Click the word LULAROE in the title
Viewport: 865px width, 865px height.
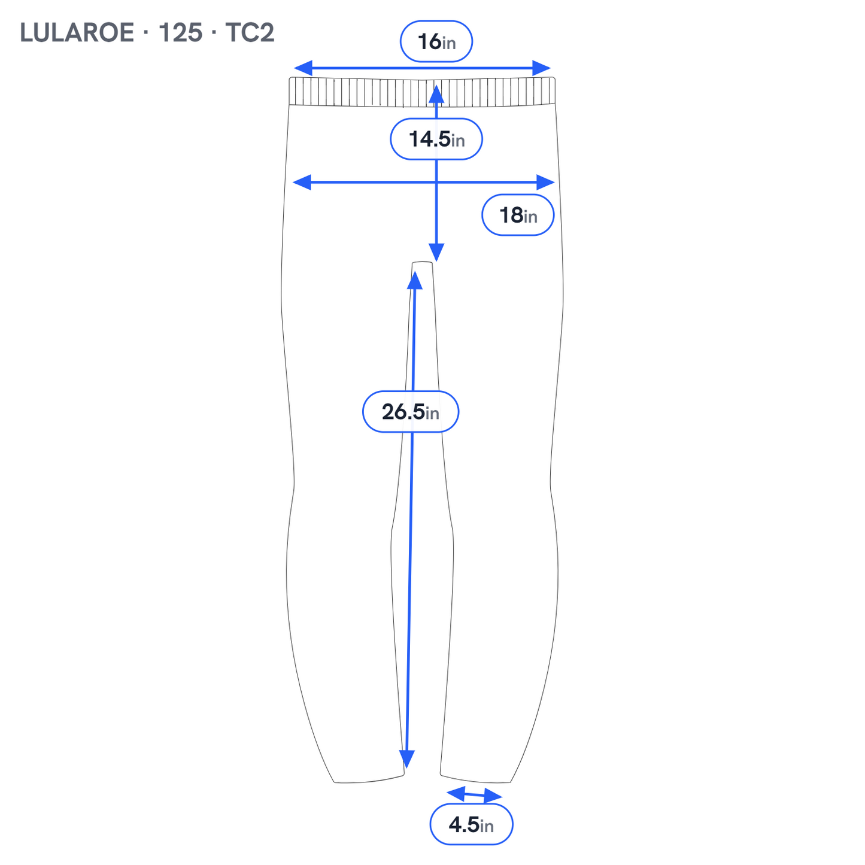(77, 33)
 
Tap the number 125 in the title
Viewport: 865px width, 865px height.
(180, 33)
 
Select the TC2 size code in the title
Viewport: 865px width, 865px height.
(250, 33)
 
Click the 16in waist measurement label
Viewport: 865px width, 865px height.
(436, 41)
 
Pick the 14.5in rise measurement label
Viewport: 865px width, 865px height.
(436, 139)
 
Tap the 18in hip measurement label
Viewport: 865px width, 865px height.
(518, 215)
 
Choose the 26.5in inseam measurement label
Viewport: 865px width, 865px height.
(410, 412)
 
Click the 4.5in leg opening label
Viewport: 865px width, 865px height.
(471, 824)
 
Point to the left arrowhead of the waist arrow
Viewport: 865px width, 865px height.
(303, 68)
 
